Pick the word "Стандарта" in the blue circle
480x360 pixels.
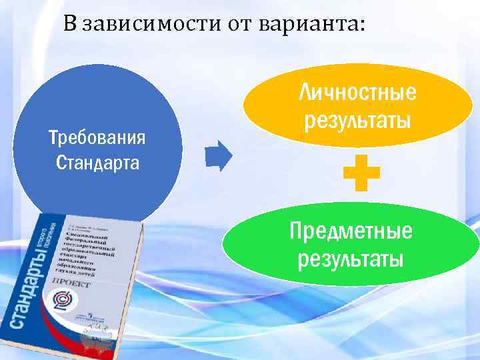(97, 162)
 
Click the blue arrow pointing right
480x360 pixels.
(218, 157)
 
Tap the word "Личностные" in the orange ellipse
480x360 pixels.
(357, 92)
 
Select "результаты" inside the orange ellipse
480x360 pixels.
(357, 120)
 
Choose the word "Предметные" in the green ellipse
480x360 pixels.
(351, 232)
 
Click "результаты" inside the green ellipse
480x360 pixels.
(351, 259)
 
